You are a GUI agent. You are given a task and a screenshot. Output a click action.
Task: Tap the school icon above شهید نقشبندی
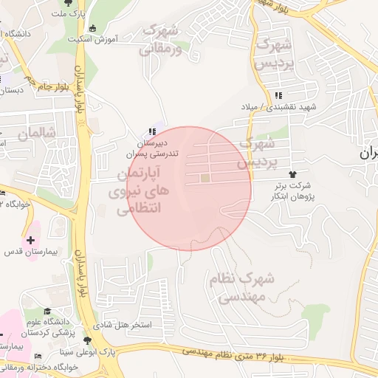click(278, 95)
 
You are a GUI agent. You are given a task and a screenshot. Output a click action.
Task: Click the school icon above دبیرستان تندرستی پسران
click(152, 131)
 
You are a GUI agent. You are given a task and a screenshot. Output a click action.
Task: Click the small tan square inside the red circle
click(205, 178)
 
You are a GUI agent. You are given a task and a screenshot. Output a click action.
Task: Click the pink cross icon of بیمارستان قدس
click(30, 240)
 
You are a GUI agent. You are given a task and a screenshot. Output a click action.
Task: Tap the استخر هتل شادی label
click(124, 325)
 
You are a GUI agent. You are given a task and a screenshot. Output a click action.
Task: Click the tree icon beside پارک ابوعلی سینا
click(89, 341)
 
